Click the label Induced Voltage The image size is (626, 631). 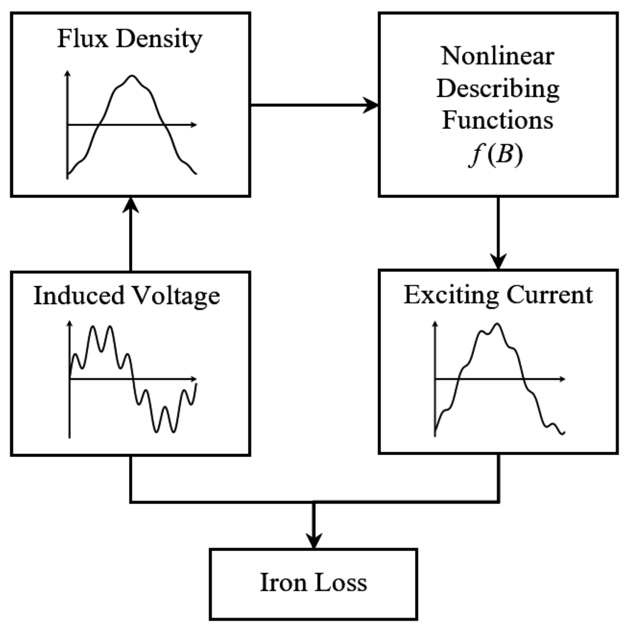pyautogui.click(x=127, y=296)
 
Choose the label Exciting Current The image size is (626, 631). pyautogui.click(x=498, y=295)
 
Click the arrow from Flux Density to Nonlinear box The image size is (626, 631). pyautogui.click(x=314, y=105)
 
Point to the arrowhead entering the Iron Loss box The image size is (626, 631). pyautogui.click(x=314, y=540)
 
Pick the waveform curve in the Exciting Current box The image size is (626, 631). pyautogui.click(x=520, y=367)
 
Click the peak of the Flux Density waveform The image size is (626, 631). pyautogui.click(x=131, y=76)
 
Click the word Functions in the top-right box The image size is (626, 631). pyautogui.click(x=497, y=120)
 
